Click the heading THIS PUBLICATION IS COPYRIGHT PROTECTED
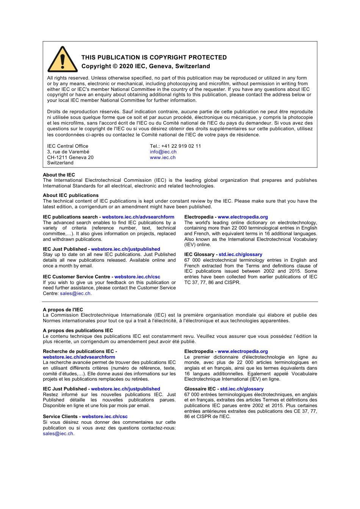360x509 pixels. tap(154, 58)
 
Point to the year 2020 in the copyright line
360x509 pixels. tap(126, 66)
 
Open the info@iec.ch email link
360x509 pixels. tap(163, 152)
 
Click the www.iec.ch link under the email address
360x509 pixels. tap(163, 158)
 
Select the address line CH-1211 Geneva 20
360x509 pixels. tap(70, 158)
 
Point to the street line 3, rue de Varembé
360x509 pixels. tap(68, 152)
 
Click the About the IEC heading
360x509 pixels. tap(59, 175)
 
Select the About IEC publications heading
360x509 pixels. tap(70, 195)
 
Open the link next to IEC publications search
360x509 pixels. tap(138, 217)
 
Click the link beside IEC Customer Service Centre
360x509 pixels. tap(137, 277)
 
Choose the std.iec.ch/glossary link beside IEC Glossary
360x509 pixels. tap(240, 254)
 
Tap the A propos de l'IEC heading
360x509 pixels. tap(63, 310)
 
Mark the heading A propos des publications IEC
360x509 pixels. tap(78, 331)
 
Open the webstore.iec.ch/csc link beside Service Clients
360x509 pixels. tap(105, 417)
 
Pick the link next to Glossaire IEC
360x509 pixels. tap(242, 389)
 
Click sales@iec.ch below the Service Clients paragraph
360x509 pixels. tap(58, 434)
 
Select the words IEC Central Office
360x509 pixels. tap(67, 146)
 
